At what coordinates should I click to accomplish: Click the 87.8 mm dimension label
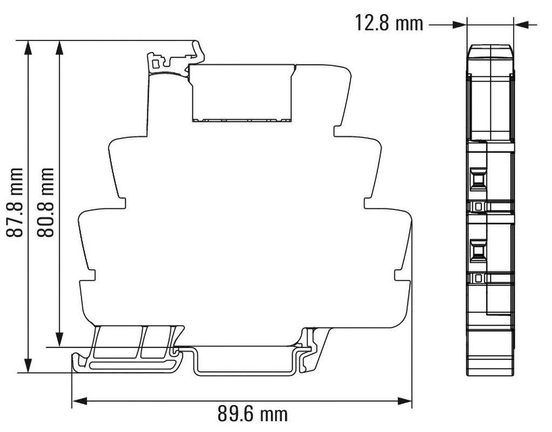coord(15,202)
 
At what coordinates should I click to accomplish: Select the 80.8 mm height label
coord(46,202)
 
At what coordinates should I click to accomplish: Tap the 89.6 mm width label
coord(252,414)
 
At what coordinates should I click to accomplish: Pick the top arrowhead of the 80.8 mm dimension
coord(60,47)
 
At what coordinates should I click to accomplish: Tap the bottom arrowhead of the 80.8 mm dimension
coord(60,340)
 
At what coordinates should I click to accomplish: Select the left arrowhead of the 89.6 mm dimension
coord(79,401)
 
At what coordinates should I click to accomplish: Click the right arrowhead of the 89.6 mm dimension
coord(404,401)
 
